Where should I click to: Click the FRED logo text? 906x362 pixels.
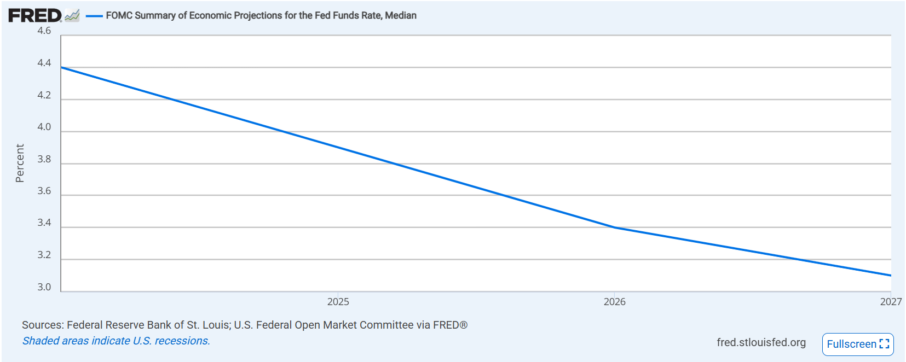tap(34, 15)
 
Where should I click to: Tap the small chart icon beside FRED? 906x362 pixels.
tap(72, 16)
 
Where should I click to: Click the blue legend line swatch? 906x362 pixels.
tap(94, 16)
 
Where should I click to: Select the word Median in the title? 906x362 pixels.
tap(400, 15)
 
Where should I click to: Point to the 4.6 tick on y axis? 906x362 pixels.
tap(44, 31)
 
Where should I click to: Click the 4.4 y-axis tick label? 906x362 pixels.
tap(44, 63)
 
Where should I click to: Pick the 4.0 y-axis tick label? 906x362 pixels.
tap(44, 127)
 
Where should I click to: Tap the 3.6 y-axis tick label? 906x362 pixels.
tap(44, 191)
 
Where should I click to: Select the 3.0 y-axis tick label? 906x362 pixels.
tap(44, 287)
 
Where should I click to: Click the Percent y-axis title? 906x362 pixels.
tap(20, 163)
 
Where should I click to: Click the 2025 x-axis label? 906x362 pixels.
tap(338, 302)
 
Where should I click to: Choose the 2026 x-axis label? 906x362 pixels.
tap(614, 302)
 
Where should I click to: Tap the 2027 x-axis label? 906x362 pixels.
tap(890, 302)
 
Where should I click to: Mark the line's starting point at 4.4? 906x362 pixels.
tap(61, 67)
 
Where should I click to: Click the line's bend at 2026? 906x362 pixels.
tap(614, 227)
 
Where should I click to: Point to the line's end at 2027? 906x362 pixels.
tap(890, 275)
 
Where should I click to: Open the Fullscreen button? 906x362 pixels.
tap(857, 344)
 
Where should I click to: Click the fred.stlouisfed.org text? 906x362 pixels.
tap(761, 342)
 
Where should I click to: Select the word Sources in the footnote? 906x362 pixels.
tap(42, 325)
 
